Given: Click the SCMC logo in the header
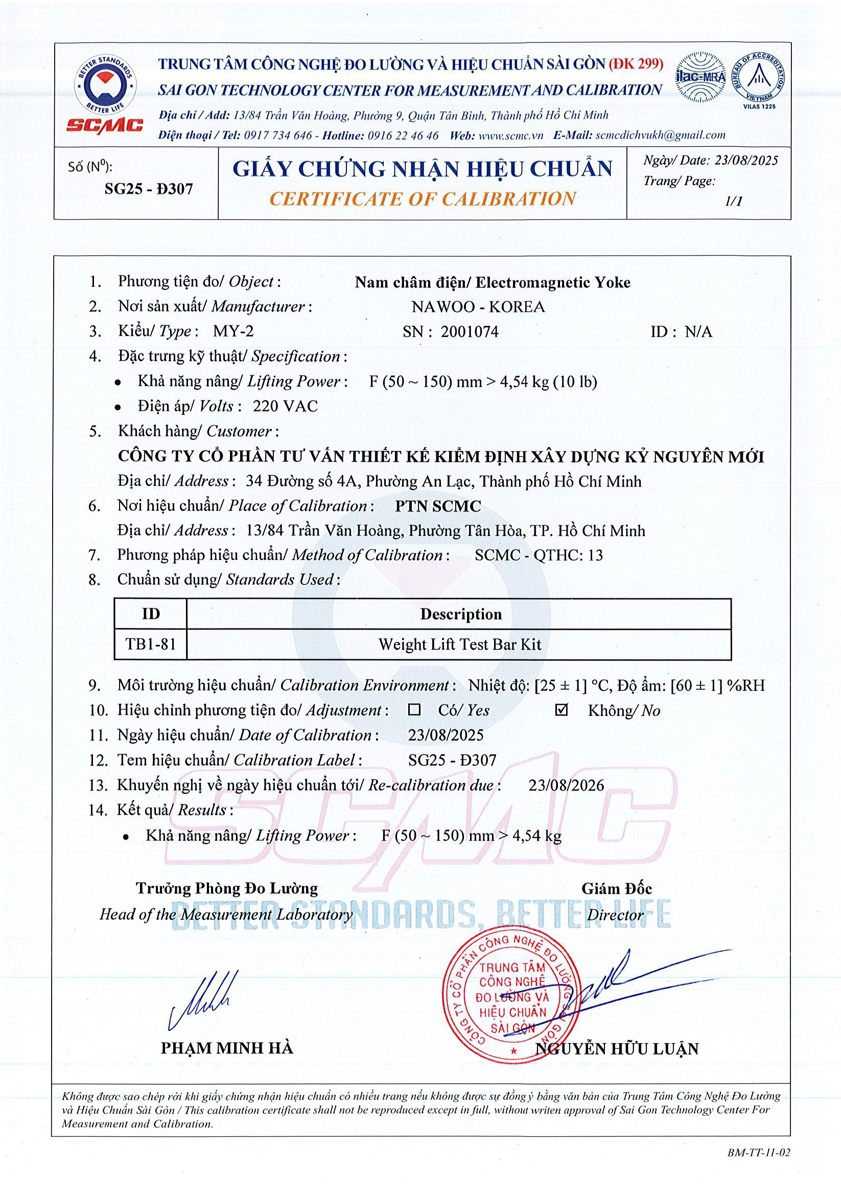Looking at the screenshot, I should tap(105, 94).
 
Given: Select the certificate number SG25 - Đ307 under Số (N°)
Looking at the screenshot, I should tap(148, 189).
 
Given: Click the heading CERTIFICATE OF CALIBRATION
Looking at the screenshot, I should tap(423, 199).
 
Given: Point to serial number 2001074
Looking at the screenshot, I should tap(470, 332).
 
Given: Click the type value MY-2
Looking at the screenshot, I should tap(233, 331).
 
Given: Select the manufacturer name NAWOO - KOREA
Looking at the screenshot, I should tap(478, 307).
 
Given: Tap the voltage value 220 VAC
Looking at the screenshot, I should tap(285, 406).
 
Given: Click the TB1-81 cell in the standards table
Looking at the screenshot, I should tap(150, 644).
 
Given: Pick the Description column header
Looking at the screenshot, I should tap(460, 614).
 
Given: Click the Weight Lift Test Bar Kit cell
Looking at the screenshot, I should tap(459, 645).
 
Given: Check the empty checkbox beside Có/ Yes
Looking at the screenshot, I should tap(414, 710).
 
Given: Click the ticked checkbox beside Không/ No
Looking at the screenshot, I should tap(562, 710).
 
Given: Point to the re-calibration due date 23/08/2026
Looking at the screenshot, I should tap(566, 785).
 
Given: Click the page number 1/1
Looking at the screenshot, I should tap(734, 201).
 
